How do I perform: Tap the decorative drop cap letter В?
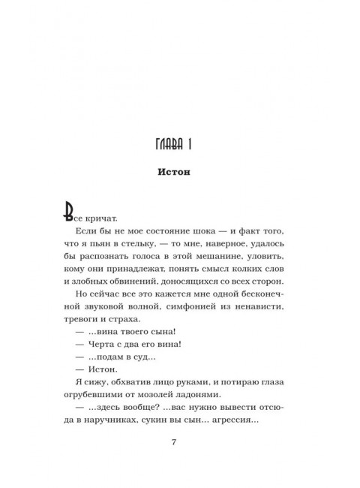[x=70, y=209]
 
